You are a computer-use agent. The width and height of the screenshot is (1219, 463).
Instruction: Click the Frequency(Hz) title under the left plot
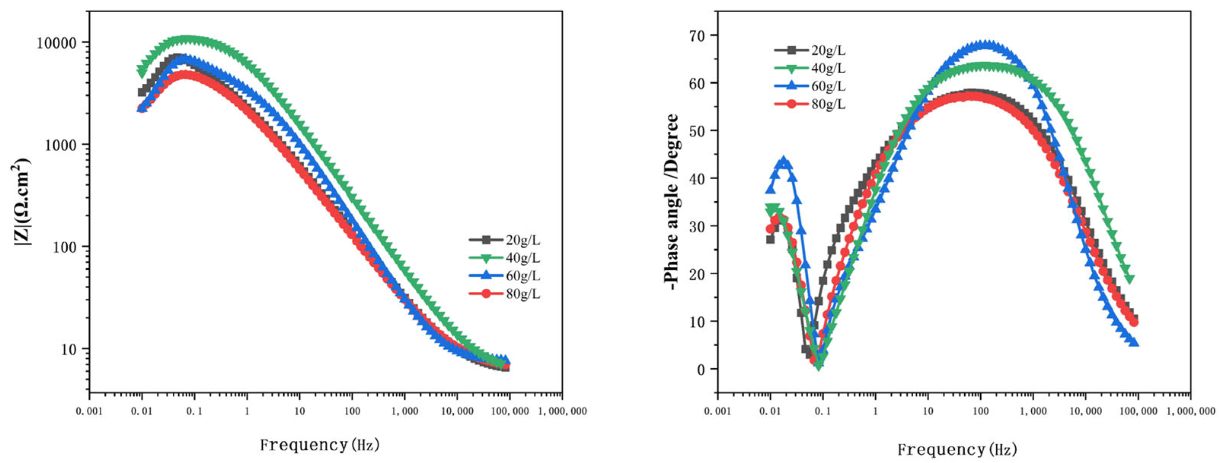tap(319, 445)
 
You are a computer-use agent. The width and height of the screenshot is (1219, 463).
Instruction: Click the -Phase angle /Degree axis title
tap(671, 202)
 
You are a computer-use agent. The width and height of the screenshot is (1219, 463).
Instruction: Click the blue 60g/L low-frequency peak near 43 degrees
tap(783, 162)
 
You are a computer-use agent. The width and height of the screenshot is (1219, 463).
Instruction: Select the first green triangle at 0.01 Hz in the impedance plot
tap(142, 72)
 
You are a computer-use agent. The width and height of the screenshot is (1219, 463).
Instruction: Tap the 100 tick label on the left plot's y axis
tap(64, 247)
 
